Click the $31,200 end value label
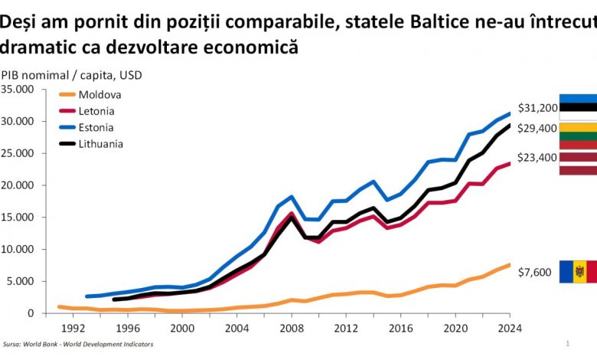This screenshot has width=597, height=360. point(536,109)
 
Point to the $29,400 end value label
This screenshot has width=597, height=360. point(536,128)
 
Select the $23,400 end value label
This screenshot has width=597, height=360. point(536,157)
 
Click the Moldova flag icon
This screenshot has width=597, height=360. point(578,272)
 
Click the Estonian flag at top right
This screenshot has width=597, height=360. point(578,108)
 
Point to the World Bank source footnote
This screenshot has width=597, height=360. point(77,345)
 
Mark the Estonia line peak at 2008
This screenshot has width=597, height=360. point(290,197)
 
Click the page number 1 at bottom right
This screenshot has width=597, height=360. point(567,344)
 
